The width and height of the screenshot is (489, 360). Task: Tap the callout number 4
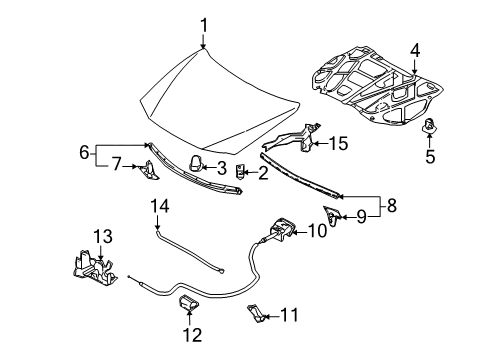415,51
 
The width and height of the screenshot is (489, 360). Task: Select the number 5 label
430,156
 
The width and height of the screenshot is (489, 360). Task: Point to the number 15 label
338,143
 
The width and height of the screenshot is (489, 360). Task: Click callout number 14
160,206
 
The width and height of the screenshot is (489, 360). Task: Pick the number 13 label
103,237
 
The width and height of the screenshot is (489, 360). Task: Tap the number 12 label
192,335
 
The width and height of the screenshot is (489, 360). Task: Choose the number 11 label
289,315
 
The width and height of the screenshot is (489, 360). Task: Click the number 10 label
317,231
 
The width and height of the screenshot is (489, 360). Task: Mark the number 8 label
392,205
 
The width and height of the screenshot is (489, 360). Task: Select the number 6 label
84,153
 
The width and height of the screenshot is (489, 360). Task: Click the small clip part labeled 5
429,127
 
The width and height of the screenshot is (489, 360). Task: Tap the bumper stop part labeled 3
196,163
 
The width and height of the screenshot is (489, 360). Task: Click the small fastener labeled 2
239,171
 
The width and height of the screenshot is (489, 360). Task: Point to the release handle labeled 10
281,230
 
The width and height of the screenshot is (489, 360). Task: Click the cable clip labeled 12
189,302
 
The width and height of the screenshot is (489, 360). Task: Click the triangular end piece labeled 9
332,215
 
